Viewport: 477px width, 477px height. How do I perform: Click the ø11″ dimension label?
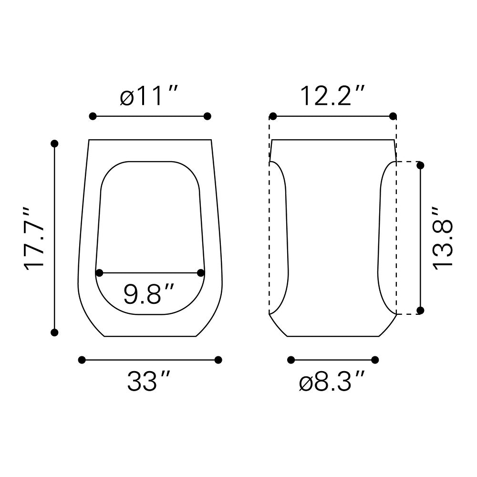[148, 95]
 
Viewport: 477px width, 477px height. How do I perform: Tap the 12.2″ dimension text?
[332, 95]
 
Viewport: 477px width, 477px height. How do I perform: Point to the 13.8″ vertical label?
[443, 238]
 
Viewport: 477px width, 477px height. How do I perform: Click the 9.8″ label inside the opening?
[149, 293]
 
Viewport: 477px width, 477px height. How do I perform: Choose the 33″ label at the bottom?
[148, 381]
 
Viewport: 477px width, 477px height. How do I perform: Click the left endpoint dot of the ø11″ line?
[93, 116]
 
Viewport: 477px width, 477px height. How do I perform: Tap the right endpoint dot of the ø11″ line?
[207, 116]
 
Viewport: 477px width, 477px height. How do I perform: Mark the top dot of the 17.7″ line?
[54, 144]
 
